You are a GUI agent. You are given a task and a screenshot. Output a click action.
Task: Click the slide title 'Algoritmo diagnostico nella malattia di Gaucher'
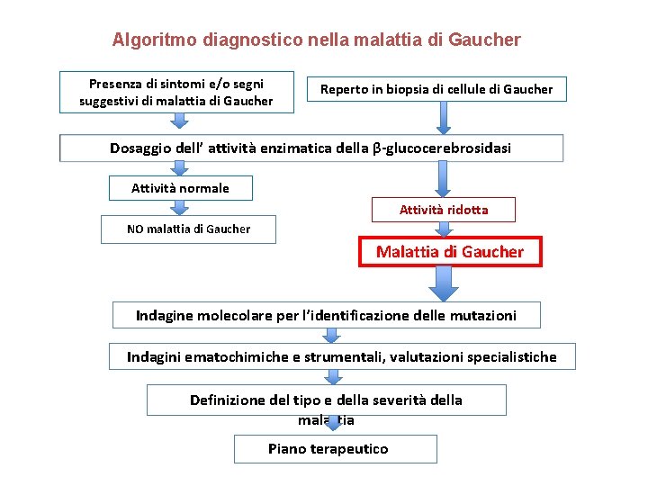pos(316,40)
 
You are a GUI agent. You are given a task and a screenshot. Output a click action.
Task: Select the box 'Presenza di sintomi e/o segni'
pos(176,92)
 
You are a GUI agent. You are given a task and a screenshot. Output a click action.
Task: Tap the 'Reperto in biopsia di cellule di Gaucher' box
pos(437,88)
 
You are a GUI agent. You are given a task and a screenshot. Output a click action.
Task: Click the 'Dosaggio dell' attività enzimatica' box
pos(311,148)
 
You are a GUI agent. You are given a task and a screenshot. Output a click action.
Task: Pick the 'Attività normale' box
pos(180,188)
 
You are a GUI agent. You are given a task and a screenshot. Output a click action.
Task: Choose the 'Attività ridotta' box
pos(444,210)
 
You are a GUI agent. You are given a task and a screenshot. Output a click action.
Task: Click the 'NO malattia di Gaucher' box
pos(188,229)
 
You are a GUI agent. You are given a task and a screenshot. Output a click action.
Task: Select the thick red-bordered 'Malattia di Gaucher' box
pos(449,252)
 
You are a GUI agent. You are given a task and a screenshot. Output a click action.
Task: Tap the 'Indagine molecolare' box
pos(326,315)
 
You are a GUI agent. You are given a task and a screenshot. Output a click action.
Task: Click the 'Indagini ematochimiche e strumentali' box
pos(341,357)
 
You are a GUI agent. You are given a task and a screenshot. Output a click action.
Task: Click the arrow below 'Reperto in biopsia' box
pos(442,117)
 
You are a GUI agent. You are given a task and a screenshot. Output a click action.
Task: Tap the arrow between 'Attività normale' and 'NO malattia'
pos(180,208)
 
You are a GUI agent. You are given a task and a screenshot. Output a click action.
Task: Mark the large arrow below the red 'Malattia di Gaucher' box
pos(442,283)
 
